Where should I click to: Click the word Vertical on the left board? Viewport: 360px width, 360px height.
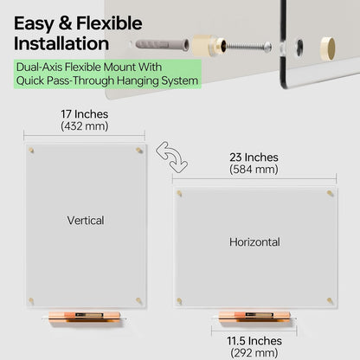coord(86,221)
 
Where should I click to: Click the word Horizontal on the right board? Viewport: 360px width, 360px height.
coord(254,242)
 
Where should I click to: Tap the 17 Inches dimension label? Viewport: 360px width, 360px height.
coord(85,114)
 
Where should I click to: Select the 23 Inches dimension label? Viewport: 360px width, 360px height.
coord(254,157)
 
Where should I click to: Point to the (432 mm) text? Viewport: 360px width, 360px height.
coord(85,126)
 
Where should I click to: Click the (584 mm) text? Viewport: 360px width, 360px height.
coord(254,170)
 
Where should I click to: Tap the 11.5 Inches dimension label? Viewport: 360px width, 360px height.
coord(254,341)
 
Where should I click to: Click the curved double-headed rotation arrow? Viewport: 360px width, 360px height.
coord(172,156)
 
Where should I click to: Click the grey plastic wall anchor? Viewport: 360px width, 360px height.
coord(162,45)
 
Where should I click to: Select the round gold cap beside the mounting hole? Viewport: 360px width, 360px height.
coord(328,48)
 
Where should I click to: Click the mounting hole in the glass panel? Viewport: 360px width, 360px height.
coord(300,47)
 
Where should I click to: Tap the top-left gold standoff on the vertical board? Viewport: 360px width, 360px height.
coord(31,151)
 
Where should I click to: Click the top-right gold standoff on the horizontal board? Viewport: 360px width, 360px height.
coord(331,193)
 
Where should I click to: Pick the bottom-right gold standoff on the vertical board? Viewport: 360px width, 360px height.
coord(139,301)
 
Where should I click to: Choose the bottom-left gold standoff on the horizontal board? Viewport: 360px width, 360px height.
coord(179,301)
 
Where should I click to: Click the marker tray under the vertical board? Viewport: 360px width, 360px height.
coord(84,317)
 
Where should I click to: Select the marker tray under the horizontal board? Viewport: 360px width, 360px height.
coord(254,317)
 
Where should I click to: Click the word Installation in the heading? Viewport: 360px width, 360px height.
coord(61,43)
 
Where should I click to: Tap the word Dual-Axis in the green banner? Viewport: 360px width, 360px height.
coord(40,67)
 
